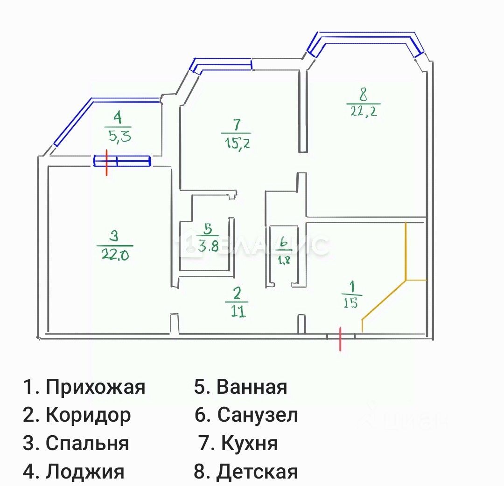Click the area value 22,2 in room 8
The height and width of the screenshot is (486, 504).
point(364,112)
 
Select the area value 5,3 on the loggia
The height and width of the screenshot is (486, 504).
point(118,137)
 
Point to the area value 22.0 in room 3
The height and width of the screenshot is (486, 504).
point(115,255)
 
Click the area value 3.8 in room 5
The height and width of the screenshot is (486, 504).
point(208,246)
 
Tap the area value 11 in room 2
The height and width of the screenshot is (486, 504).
point(238,311)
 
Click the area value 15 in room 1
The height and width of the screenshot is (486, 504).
point(350,303)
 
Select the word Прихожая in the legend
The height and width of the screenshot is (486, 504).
point(96,387)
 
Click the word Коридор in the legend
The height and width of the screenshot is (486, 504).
point(88,415)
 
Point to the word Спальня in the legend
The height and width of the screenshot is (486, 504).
point(87,443)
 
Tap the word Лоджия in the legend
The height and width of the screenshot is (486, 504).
point(85,472)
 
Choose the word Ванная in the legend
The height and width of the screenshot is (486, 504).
point(252,387)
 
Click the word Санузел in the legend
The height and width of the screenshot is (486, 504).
point(258,415)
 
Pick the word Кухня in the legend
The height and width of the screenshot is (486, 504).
point(250,443)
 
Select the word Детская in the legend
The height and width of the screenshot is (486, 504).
point(257,472)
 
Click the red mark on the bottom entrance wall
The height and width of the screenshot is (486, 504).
point(340,339)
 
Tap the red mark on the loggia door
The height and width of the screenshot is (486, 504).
point(107,163)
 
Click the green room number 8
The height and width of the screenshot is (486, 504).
point(364,95)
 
